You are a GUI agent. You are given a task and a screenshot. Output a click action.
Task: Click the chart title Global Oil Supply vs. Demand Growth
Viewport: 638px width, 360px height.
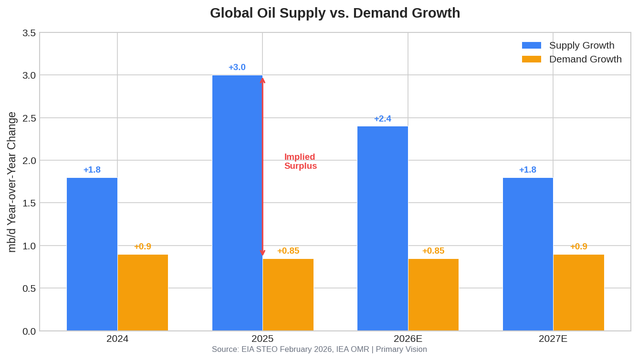335,13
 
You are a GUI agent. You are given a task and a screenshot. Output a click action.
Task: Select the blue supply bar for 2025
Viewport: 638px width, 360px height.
237,203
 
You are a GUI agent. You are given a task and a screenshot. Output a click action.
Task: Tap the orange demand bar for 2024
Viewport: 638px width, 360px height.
143,292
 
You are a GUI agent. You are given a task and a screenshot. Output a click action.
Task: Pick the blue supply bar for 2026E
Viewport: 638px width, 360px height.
382,228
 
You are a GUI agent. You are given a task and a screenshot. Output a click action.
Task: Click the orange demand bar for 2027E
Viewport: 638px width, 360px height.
578,292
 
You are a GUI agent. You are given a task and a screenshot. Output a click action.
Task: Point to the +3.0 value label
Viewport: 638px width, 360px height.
237,67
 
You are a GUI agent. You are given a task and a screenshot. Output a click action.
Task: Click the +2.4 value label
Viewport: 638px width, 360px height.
382,119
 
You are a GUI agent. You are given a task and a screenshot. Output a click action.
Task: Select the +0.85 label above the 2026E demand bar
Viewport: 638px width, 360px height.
433,251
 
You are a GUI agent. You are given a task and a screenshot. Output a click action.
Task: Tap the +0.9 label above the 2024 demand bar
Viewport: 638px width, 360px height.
143,247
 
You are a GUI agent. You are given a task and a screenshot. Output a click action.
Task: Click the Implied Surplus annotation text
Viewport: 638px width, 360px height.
300,161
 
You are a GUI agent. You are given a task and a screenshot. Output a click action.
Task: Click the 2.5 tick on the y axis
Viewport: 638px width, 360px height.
29,118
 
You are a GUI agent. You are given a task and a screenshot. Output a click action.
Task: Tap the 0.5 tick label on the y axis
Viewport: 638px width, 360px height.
29,288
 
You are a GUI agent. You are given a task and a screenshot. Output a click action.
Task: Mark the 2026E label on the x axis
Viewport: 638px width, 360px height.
408,339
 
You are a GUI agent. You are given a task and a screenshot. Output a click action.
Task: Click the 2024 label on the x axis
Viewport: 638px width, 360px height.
117,339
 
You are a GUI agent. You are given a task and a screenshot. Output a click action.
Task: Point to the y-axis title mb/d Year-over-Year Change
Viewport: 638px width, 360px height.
12,182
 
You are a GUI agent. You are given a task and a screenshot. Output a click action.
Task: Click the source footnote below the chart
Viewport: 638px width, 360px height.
319,350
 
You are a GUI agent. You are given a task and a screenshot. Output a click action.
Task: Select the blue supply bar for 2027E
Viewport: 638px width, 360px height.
528,254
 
